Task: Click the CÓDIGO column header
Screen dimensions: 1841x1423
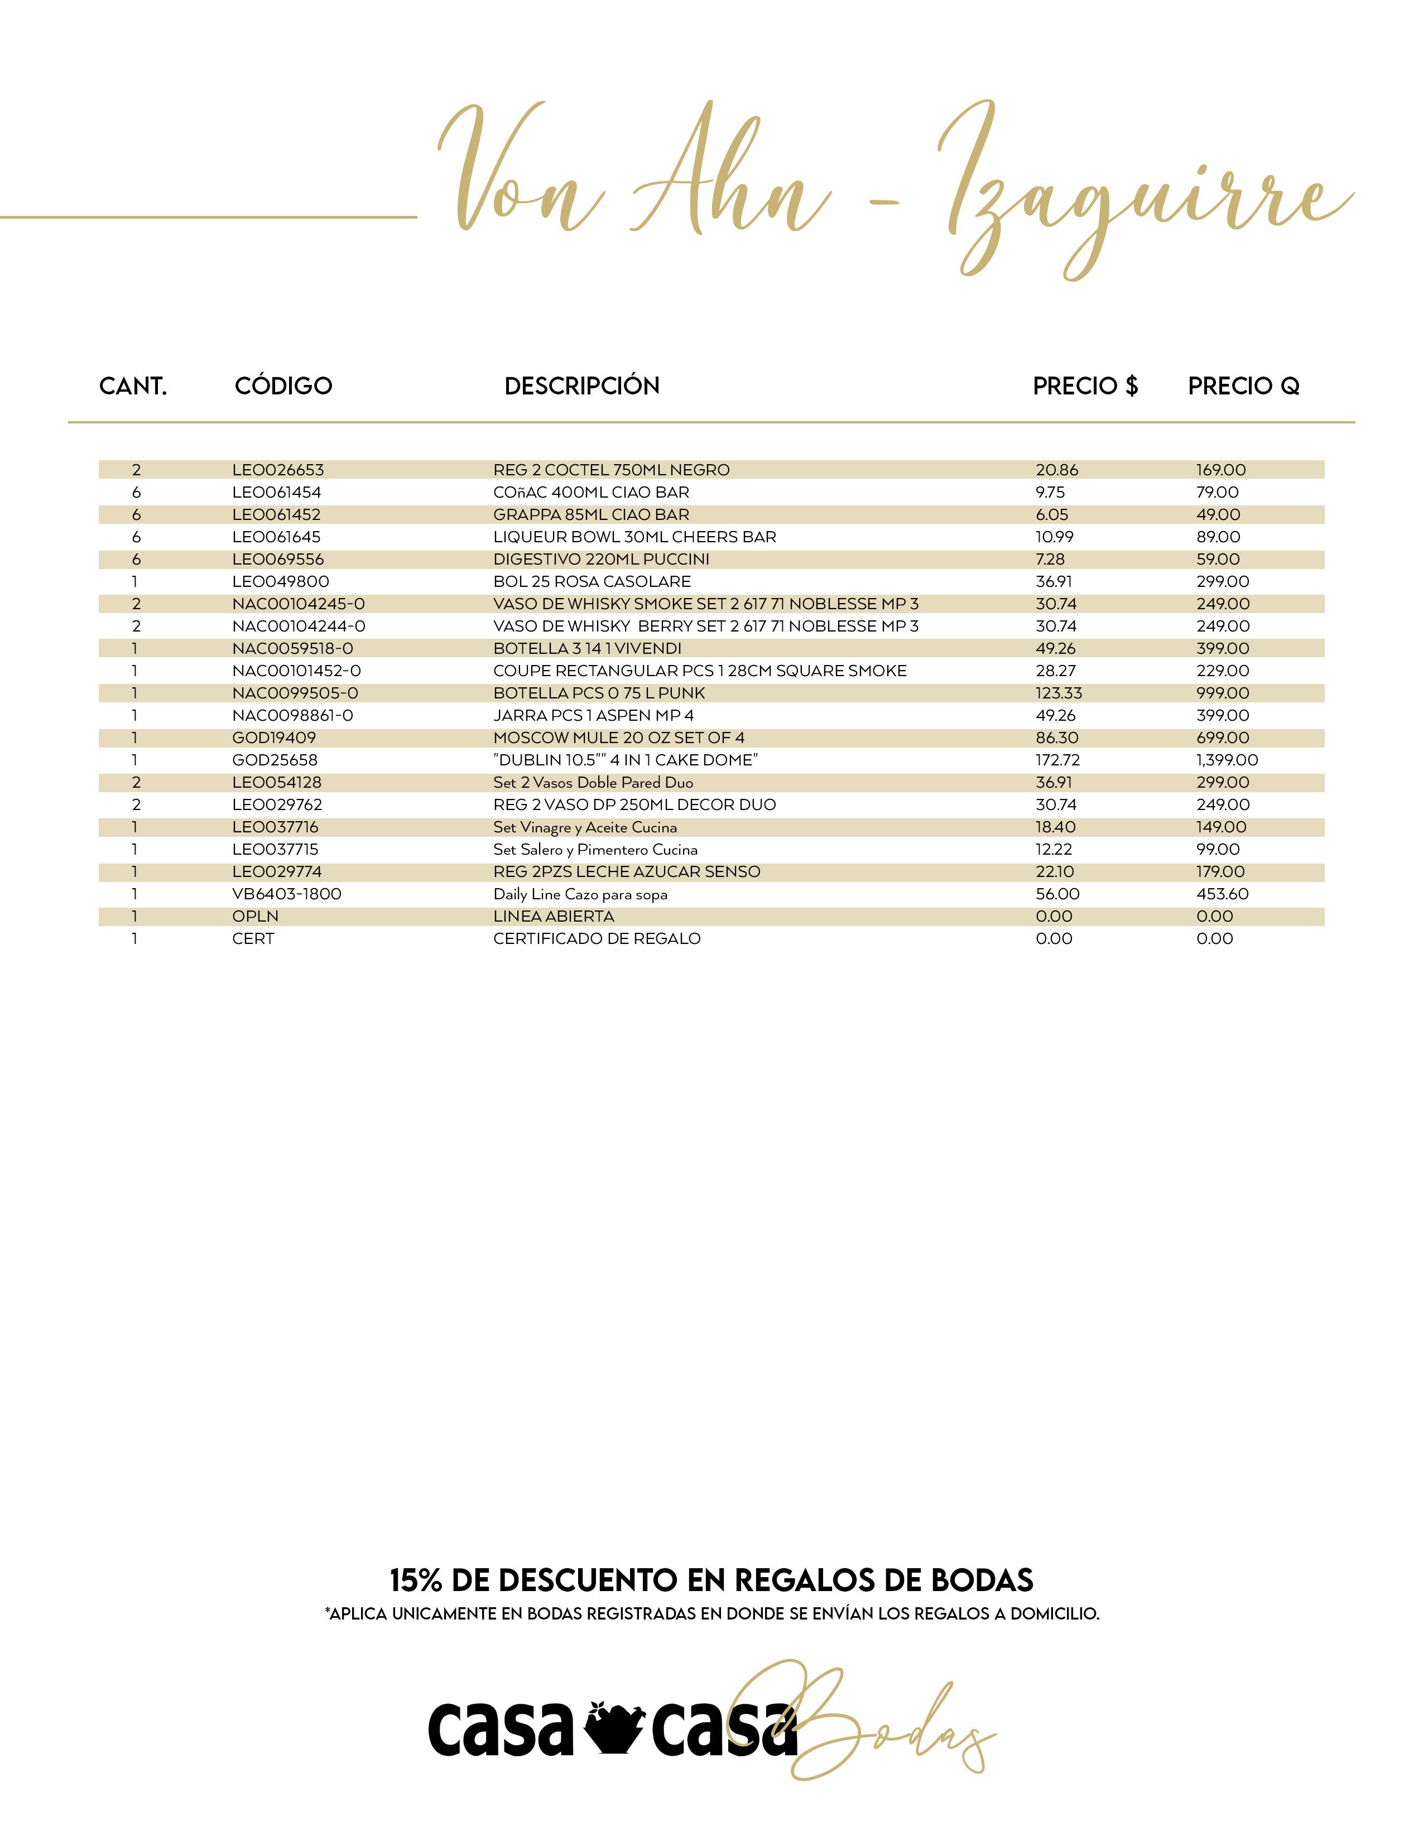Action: click(283, 386)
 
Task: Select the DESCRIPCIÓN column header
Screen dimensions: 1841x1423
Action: click(581, 386)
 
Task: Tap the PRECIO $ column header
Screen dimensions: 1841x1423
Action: click(1085, 386)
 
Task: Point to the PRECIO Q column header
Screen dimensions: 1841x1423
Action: click(1243, 386)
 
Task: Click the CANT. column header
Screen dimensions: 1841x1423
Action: click(133, 386)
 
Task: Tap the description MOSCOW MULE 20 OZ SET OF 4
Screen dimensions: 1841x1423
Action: click(619, 738)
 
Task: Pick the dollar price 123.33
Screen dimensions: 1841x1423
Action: click(1059, 693)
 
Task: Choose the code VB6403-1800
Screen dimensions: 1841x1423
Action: click(287, 894)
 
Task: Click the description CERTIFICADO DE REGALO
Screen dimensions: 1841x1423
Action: click(597, 939)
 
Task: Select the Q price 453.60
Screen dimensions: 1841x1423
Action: click(1222, 894)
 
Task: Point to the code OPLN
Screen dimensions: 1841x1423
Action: click(256, 916)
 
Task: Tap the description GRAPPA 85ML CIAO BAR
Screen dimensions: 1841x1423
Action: click(591, 514)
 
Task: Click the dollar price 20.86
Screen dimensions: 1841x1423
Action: click(1057, 470)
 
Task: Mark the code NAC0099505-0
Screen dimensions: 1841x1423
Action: click(295, 693)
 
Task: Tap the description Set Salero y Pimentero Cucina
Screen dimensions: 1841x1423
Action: click(595, 850)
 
